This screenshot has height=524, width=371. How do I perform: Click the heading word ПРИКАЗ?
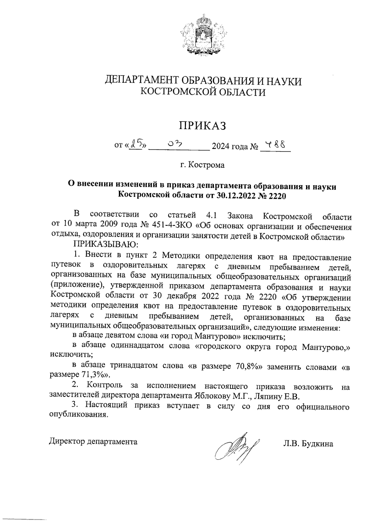coord(203,126)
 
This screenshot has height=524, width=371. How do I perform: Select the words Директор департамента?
coord(93,442)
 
